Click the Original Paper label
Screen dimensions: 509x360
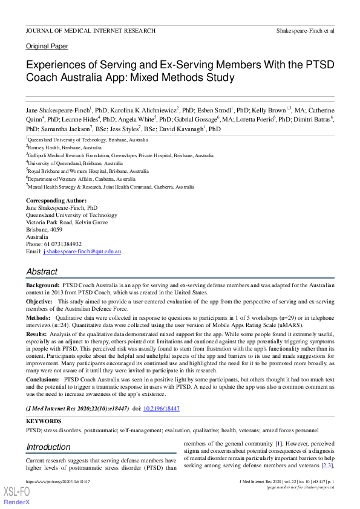point(47,46)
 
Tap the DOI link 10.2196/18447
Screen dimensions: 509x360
point(161,409)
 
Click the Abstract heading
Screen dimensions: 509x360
point(42,271)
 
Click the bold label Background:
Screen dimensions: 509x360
point(42,285)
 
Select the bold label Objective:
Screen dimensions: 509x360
point(39,300)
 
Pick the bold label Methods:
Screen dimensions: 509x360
point(38,316)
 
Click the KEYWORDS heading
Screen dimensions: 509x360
point(44,421)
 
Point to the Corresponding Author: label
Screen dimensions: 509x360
point(56,200)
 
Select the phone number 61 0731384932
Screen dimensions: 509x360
point(61,244)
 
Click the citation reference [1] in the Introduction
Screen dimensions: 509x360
point(278,444)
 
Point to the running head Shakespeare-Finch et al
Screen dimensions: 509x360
point(305,30)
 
